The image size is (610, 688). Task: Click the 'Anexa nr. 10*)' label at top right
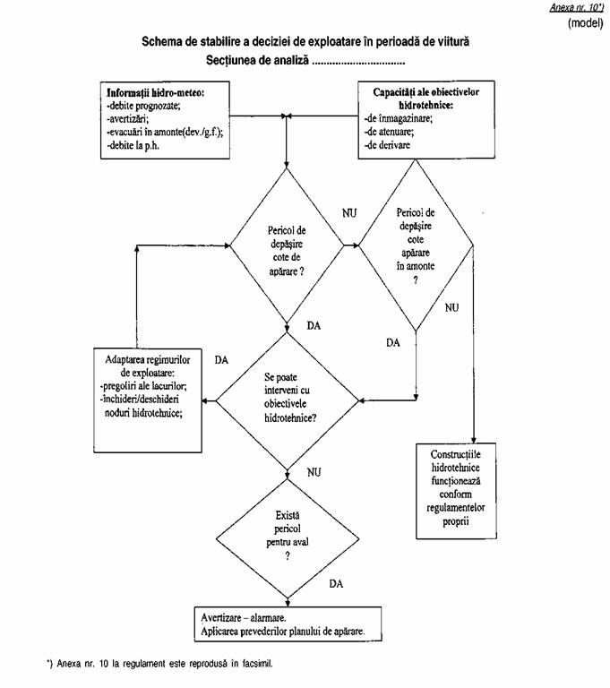coord(578,7)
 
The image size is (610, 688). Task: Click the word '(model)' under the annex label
coord(586,22)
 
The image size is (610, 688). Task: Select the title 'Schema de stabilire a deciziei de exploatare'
coord(305,42)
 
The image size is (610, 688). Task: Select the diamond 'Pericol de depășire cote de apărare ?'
coord(287,248)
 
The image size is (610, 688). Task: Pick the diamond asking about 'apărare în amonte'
coord(415,246)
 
